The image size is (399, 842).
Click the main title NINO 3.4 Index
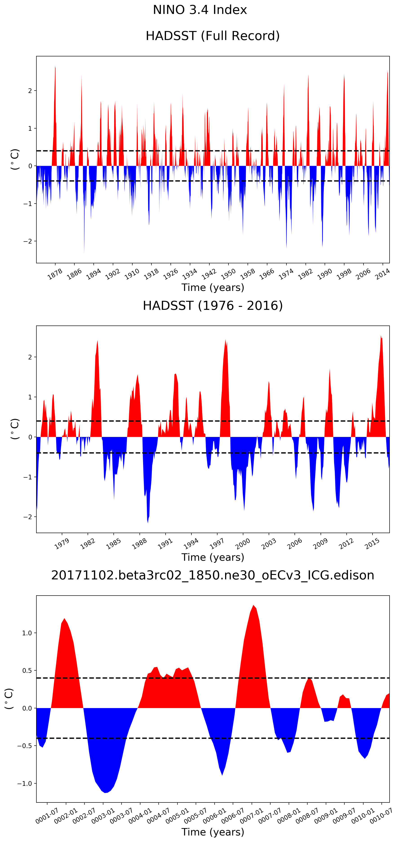point(200,10)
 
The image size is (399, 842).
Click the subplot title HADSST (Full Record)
point(212,36)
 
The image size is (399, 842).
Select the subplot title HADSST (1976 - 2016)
point(212,306)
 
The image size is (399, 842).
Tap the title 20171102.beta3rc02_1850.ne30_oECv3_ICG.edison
point(212,575)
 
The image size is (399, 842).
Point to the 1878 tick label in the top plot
point(55,274)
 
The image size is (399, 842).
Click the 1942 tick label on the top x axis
point(208,274)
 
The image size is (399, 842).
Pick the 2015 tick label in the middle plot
point(372,544)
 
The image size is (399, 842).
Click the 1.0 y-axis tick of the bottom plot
point(27,633)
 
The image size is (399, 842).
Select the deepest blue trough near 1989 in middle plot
point(148,522)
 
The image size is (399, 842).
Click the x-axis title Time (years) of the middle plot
point(212,557)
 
